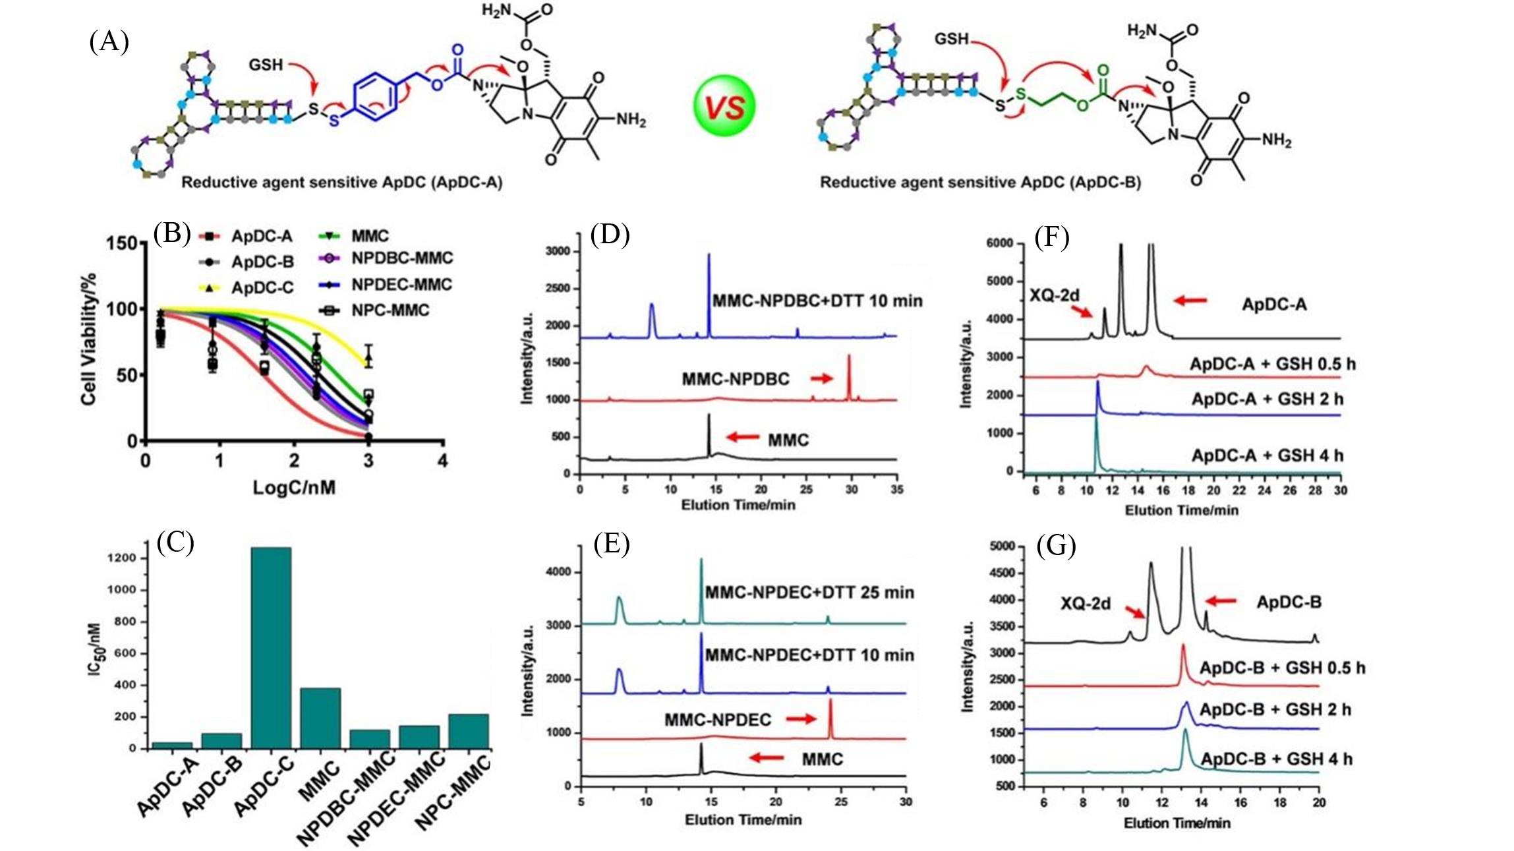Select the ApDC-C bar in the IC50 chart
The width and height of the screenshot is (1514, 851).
click(x=271, y=647)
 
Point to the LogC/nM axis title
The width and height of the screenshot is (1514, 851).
click(x=294, y=488)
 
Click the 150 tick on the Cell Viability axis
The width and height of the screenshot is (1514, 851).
click(x=122, y=244)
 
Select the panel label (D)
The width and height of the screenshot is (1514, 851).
click(x=610, y=235)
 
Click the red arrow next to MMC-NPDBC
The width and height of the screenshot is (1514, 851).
click(x=821, y=378)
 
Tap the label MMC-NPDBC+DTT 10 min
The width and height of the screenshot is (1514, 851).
click(x=817, y=301)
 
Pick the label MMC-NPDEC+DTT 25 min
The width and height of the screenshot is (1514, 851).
click(x=809, y=593)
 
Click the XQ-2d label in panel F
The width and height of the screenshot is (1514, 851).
click(x=1055, y=295)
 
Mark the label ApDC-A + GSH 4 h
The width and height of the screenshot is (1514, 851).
click(x=1267, y=455)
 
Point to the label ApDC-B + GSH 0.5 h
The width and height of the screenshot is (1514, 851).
click(x=1282, y=668)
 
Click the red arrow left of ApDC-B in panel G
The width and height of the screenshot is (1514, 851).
click(x=1221, y=601)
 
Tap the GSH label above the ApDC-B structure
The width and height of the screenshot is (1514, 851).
click(x=951, y=40)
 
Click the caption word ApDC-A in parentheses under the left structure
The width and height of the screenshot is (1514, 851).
click(x=467, y=183)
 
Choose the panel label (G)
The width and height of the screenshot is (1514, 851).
click(x=1056, y=546)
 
